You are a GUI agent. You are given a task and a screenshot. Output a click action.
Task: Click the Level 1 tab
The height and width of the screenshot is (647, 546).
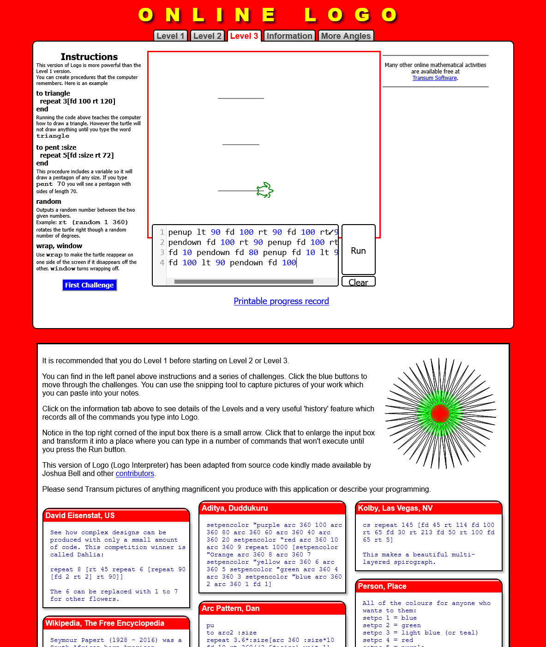pos(170,36)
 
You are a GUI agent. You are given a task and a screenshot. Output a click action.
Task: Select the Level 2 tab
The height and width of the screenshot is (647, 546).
pos(207,36)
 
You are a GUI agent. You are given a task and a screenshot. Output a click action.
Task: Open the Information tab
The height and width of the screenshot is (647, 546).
pos(289,36)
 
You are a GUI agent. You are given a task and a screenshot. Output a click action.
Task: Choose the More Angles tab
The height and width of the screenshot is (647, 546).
pos(346,36)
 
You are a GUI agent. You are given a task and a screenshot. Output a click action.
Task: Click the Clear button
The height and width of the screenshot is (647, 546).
pos(358,282)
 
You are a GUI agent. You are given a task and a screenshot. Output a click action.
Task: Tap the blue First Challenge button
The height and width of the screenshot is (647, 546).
pos(90,285)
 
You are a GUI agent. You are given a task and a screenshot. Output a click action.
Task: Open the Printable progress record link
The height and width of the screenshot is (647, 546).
pos(281,301)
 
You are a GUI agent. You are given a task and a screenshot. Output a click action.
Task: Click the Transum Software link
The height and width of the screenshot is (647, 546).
pos(434,78)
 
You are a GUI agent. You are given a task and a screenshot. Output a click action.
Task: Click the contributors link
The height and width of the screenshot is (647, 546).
pos(135,474)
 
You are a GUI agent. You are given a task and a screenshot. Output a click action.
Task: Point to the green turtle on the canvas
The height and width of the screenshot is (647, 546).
pos(265,190)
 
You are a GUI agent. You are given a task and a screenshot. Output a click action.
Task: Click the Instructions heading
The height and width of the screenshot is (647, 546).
pos(89,57)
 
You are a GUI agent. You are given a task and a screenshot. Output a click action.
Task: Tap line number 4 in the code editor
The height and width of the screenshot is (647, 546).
pos(162,262)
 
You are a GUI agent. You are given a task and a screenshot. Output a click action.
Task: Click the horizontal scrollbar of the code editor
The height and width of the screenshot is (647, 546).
pos(244,281)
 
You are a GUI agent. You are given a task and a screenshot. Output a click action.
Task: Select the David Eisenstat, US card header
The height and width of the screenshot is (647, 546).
pos(116,516)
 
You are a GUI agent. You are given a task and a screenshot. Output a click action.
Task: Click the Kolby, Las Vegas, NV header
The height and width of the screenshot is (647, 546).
pos(428,508)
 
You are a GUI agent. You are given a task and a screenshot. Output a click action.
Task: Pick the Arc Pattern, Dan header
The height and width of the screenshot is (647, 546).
pos(272,609)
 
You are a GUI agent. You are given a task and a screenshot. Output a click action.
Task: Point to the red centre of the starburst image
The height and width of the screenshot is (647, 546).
pos(440,413)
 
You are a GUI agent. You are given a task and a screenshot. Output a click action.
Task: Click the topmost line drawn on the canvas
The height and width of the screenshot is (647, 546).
pos(240,98)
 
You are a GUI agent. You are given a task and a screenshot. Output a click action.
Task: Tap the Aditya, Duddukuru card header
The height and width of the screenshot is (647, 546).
pos(272,508)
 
